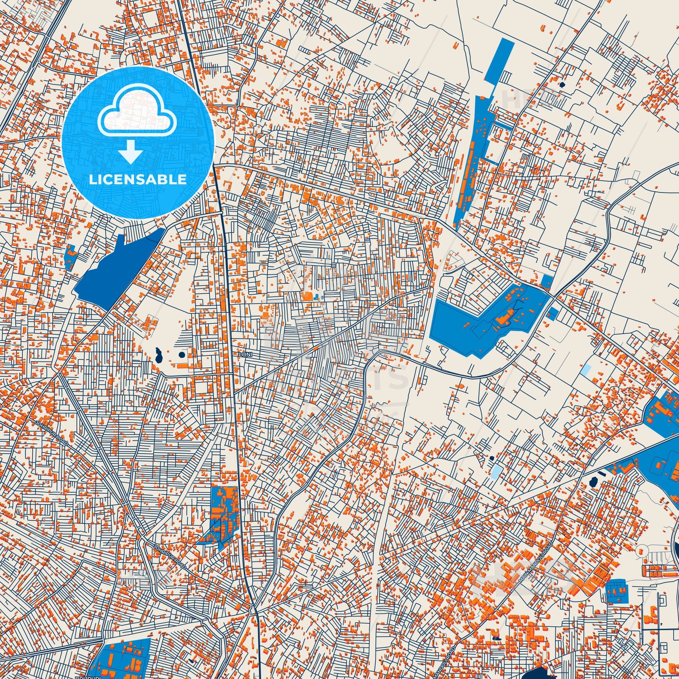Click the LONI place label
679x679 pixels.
[x=245, y=355]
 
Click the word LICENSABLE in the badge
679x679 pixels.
[x=137, y=180]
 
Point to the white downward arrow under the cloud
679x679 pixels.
[x=130, y=151]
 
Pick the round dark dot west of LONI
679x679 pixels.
[x=182, y=355]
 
